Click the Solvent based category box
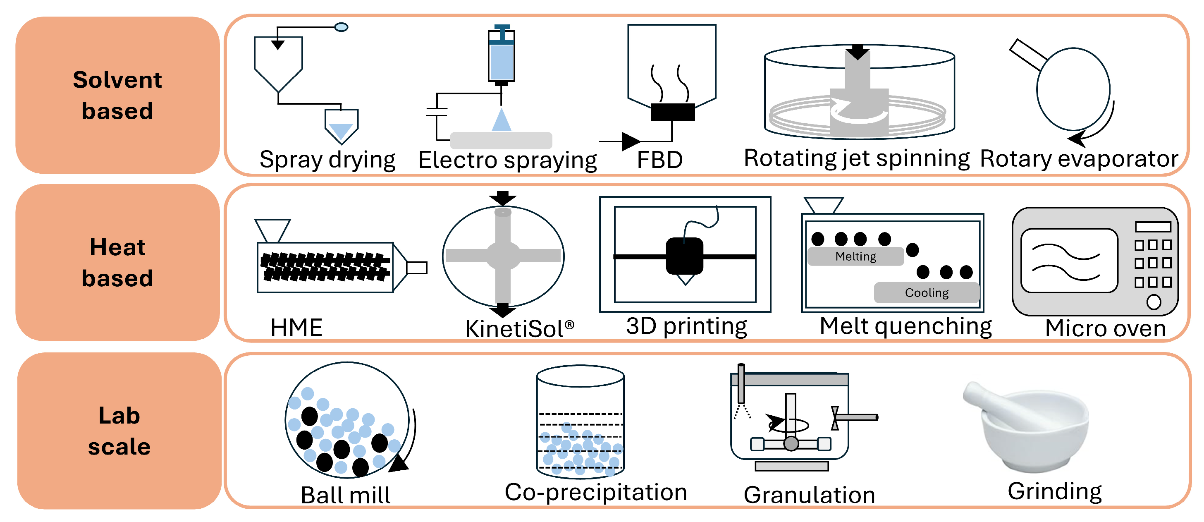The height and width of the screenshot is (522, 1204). coord(117,95)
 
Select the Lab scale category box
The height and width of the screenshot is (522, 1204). coord(119,431)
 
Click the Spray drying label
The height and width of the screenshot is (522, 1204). coord(327,160)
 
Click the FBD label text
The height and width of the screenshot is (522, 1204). coord(659,160)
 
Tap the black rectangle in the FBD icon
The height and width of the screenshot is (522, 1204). coord(672,112)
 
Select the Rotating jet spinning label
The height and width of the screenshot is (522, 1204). coord(856,158)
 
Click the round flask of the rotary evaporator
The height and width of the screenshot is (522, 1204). coord(1073,89)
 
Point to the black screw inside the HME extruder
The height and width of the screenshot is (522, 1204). coord(325,267)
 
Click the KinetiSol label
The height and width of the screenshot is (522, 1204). coord(519,328)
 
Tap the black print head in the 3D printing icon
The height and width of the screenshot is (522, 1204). coord(684,256)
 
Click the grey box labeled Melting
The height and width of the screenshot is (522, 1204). coord(855,256)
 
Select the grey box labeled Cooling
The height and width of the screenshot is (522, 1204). coord(927,293)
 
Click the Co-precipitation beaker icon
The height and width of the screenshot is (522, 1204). coord(580,421)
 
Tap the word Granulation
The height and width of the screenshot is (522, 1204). coord(809,495)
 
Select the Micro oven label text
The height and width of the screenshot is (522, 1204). coord(1105,328)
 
